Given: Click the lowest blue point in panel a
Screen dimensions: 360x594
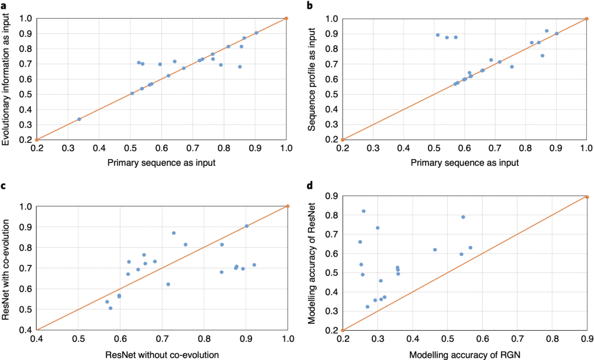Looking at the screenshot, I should pyautogui.click(x=79, y=119).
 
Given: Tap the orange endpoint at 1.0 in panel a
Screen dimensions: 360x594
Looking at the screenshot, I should pyautogui.click(x=287, y=18).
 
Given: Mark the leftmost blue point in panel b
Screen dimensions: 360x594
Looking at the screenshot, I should pyautogui.click(x=438, y=35).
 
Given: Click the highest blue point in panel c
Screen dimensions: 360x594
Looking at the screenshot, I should pyautogui.click(x=174, y=233).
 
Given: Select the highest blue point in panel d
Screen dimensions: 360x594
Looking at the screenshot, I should pyautogui.click(x=364, y=211).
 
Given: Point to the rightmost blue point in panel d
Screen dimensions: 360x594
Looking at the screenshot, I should pyautogui.click(x=470, y=248).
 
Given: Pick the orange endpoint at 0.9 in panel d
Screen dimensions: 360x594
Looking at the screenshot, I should pyautogui.click(x=587, y=197).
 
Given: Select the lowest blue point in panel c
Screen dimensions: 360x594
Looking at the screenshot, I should pyautogui.click(x=111, y=308).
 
